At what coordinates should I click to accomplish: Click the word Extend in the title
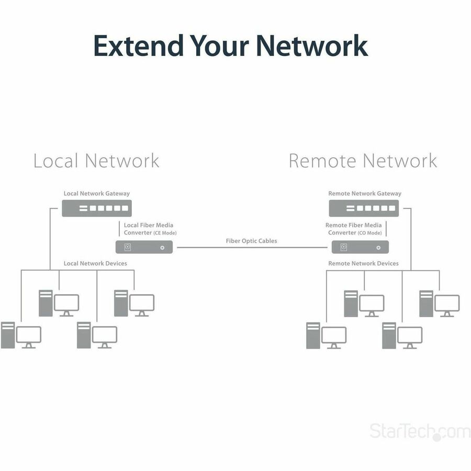[x=138, y=46]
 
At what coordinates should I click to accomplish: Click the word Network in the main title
[x=312, y=46]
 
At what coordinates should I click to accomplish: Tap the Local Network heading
[x=96, y=161]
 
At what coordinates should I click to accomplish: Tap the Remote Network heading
[x=363, y=161]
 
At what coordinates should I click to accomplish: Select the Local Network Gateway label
[x=97, y=194]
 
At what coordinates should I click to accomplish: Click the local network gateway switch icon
[x=97, y=208]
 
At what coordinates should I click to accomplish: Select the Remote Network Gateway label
[x=365, y=194]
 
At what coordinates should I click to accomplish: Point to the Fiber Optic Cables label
[x=251, y=241]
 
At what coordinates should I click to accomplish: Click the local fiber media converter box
[x=144, y=247]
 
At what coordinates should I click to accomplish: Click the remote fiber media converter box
[x=360, y=247]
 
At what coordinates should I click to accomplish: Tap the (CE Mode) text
[x=165, y=233]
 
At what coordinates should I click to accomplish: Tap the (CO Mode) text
[x=369, y=233]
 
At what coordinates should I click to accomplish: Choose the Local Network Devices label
[x=95, y=263]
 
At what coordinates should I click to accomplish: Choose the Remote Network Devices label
[x=363, y=263]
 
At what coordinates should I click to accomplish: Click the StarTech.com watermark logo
[x=420, y=432]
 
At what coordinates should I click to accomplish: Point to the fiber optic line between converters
[x=251, y=248]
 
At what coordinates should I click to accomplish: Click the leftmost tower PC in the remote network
[x=313, y=335]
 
